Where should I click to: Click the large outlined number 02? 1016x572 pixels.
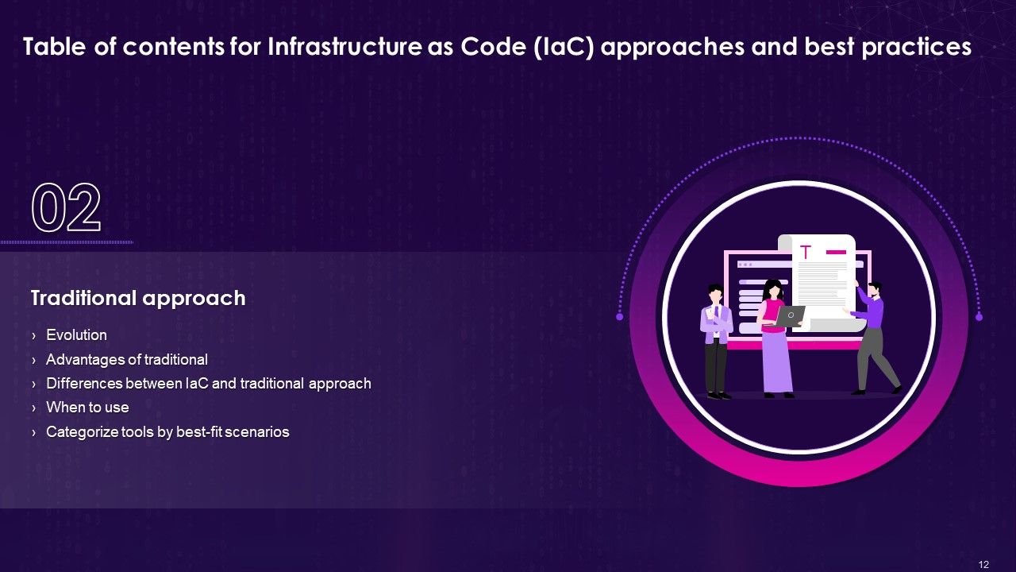67,208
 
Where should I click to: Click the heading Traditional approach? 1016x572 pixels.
138,298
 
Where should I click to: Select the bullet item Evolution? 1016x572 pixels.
76,335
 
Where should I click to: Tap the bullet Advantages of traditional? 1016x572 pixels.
127,360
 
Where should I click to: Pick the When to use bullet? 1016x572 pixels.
87,408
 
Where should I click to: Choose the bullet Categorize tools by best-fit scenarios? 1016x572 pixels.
167,432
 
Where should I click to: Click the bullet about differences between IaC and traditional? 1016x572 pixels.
209,384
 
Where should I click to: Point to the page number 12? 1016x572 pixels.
984,565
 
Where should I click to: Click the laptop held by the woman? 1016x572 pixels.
790,316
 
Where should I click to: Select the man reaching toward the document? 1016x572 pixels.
873,334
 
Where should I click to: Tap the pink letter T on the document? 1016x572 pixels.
806,253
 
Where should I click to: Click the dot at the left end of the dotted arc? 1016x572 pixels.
620,316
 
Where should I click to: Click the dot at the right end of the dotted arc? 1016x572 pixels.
979,317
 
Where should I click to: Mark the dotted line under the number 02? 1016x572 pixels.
67,242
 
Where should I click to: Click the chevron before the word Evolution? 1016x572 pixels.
33,336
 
